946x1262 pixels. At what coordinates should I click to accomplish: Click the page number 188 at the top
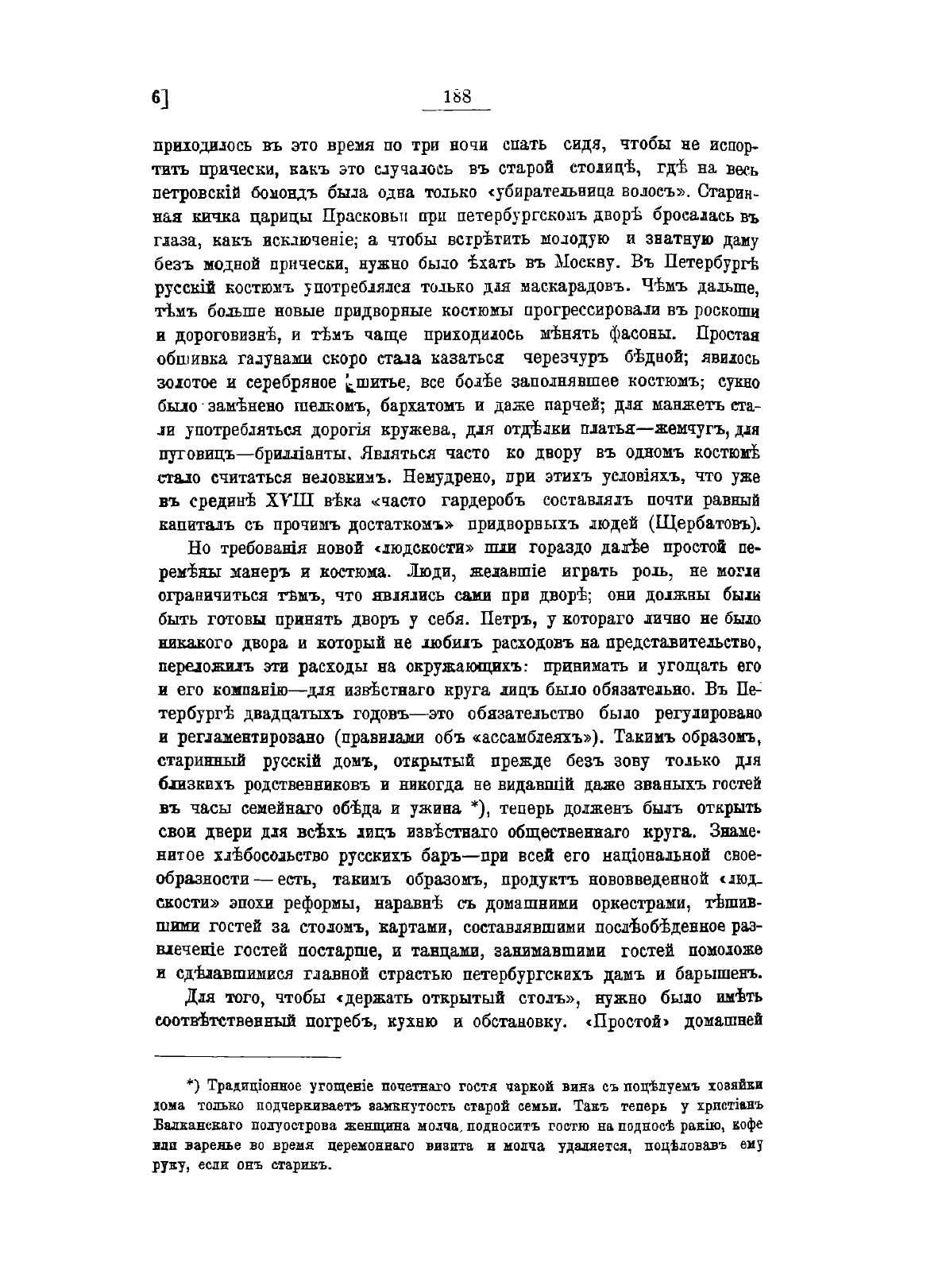tap(458, 96)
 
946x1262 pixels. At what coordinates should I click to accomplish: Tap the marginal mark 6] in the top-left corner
tap(160, 98)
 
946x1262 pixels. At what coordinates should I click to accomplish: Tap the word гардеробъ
tap(494, 501)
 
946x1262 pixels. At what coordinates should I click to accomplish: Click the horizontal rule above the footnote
tap(247, 1057)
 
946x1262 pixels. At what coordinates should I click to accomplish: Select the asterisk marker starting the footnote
tap(191, 1083)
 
